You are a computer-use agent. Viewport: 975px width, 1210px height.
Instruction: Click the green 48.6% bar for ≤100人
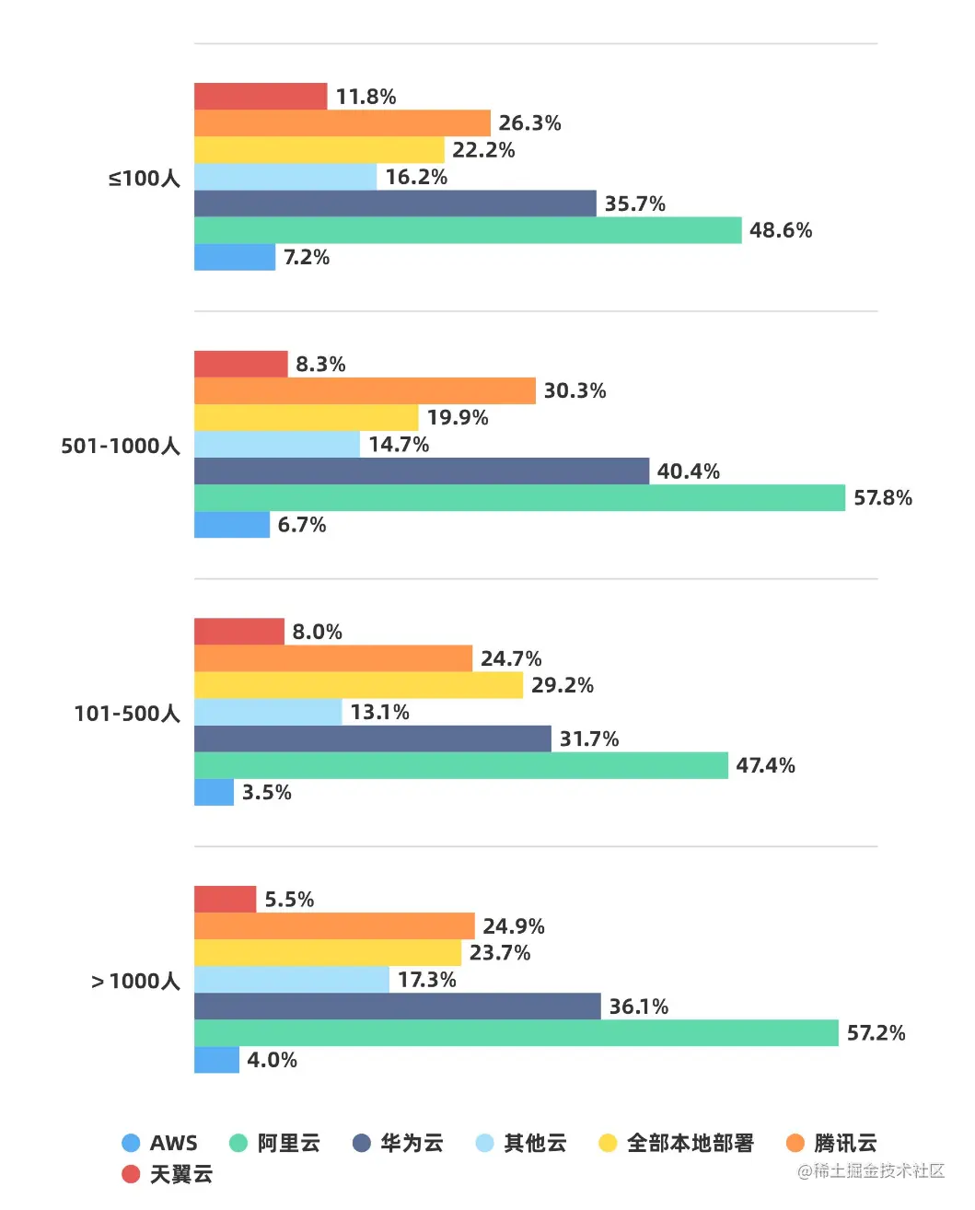pos(468,230)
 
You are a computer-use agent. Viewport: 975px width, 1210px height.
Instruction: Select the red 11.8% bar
pos(261,97)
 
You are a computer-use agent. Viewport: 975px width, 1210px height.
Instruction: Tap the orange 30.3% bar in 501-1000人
pos(365,390)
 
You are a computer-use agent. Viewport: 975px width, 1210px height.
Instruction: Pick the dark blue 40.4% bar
pos(422,471)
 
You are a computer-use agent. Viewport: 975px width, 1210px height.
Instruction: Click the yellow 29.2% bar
pos(358,685)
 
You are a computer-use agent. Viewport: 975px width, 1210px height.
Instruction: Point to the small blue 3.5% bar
pos(214,792)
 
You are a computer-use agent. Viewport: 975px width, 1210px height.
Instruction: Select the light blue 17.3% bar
pos(292,980)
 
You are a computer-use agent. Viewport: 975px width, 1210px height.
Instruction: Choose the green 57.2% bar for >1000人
pos(517,1033)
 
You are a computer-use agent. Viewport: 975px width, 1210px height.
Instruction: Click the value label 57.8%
pos(882,498)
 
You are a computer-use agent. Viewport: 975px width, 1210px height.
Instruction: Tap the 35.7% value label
pos(634,204)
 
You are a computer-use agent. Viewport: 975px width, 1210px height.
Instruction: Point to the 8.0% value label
pos(317,632)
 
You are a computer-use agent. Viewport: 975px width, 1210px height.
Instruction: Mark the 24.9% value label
pos(514,926)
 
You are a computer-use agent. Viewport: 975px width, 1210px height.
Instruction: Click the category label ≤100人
pos(144,178)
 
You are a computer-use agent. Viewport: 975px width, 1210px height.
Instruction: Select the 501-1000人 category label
pos(121,446)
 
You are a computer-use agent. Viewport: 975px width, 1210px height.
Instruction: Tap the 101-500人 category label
pos(127,714)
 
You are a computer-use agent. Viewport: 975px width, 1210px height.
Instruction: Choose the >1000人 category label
pos(135,981)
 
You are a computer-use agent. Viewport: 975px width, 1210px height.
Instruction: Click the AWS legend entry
pos(160,1143)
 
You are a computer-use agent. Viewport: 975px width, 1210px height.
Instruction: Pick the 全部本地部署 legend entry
pos(677,1143)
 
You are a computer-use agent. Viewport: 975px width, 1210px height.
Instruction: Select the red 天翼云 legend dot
pos(131,1174)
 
